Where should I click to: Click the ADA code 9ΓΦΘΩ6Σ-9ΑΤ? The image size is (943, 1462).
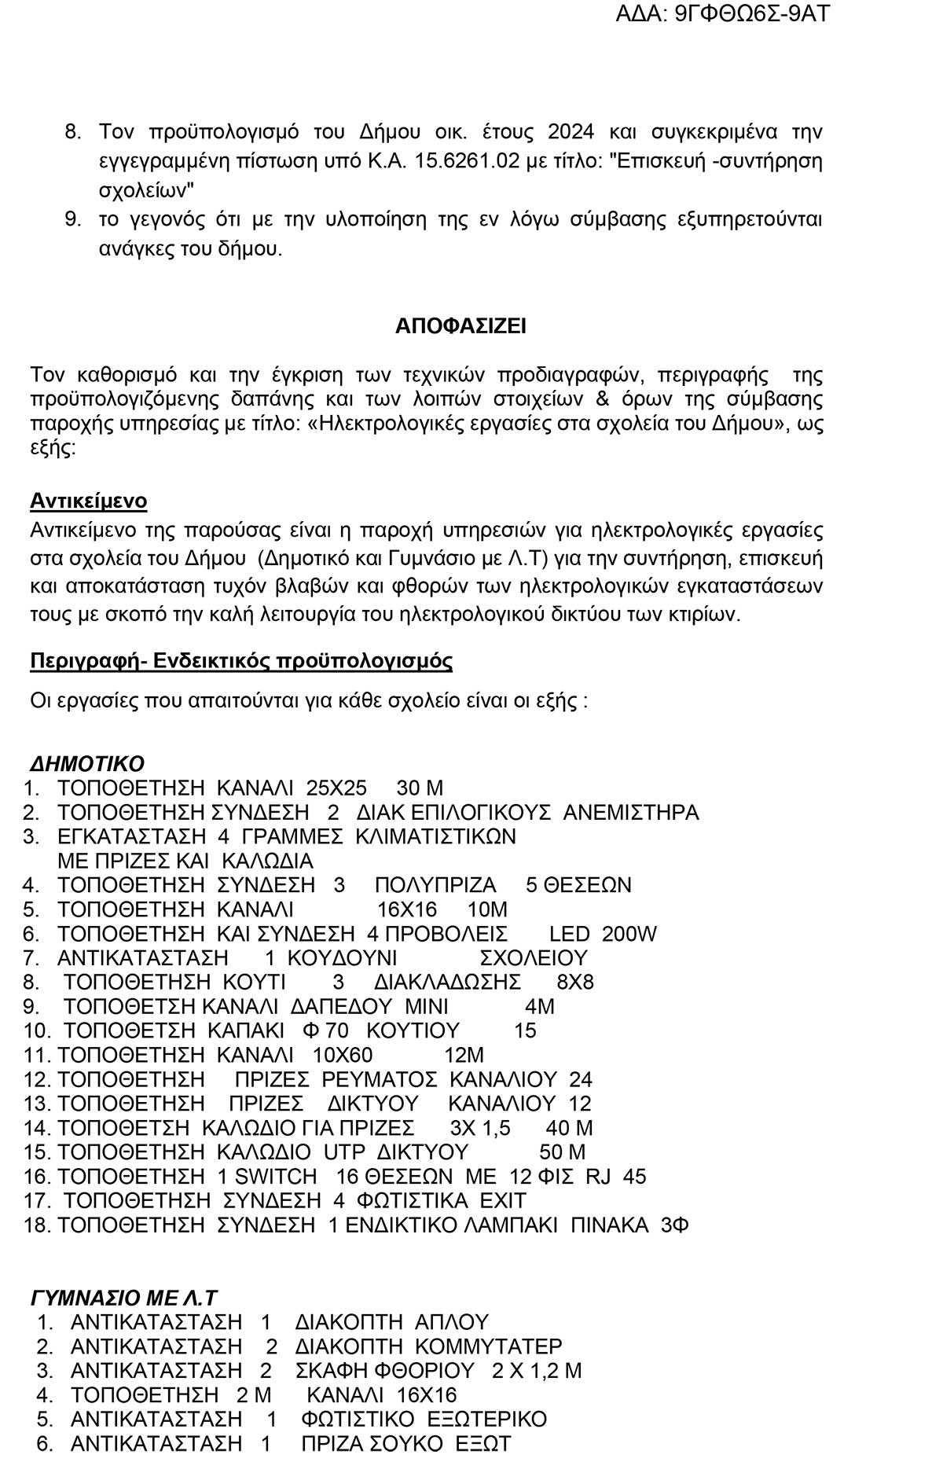[753, 13]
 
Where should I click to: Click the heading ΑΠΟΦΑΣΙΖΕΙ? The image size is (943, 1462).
[460, 326]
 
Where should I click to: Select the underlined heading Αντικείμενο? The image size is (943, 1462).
[88, 501]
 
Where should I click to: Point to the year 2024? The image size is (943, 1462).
[571, 131]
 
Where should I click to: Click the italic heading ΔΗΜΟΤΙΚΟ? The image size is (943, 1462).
[87, 763]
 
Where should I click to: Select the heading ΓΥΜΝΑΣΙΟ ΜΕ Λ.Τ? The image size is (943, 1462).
[123, 1298]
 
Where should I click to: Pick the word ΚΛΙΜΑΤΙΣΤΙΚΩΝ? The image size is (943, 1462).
[436, 836]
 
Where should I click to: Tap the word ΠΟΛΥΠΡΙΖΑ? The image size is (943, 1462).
[435, 885]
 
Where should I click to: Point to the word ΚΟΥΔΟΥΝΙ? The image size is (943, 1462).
[342, 958]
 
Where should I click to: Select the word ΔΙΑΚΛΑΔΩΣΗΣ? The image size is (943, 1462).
[447, 982]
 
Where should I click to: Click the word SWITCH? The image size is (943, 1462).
[276, 1177]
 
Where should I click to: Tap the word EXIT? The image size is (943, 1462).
[503, 1201]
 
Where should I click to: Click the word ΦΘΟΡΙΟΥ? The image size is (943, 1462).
[425, 1371]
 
